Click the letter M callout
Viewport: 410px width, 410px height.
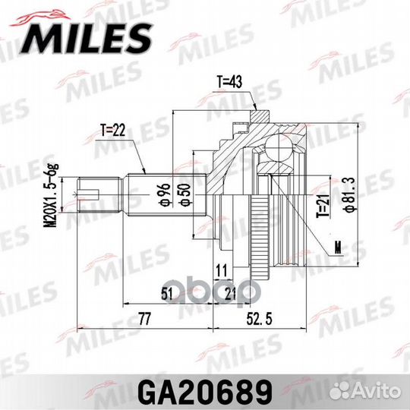pos(336,246)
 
